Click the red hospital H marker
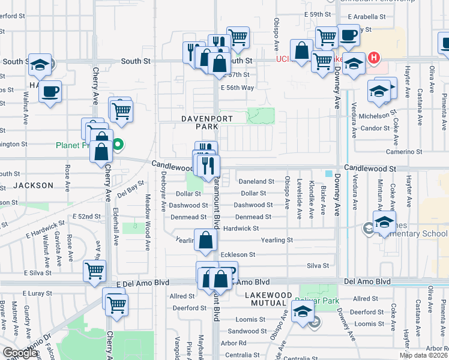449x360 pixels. coord(375,58)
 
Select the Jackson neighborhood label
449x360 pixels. coord(34,185)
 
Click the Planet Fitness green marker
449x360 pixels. coord(118,144)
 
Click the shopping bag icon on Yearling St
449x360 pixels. coord(205,240)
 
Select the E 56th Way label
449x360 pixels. coord(237,88)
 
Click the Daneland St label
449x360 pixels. coord(257,181)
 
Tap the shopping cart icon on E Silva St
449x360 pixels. coord(94,271)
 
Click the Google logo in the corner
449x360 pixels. coord(21,353)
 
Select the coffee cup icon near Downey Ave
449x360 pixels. coord(348,35)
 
